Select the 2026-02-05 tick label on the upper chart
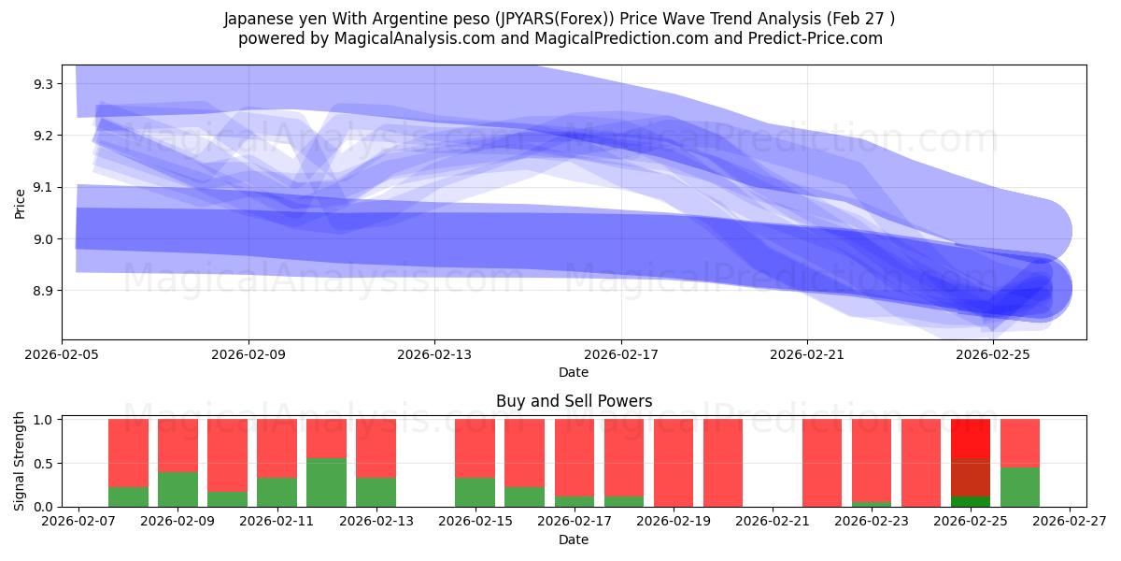pyautogui.click(x=63, y=355)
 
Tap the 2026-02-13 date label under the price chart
pyautogui.click(x=434, y=355)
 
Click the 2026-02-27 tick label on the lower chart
pyautogui.click(x=1068, y=523)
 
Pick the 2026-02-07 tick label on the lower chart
pyautogui.click(x=78, y=523)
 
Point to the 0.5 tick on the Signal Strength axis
pyautogui.click(x=44, y=464)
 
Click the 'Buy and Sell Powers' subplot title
pyautogui.click(x=574, y=401)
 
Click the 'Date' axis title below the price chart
pyautogui.click(x=574, y=372)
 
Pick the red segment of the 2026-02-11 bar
pyautogui.click(x=277, y=449)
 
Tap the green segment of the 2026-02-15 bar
pyautogui.click(x=475, y=492)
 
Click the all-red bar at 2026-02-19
pyautogui.click(x=673, y=463)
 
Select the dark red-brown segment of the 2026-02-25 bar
pyautogui.click(x=970, y=477)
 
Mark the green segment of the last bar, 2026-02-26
pyautogui.click(x=1019, y=486)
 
